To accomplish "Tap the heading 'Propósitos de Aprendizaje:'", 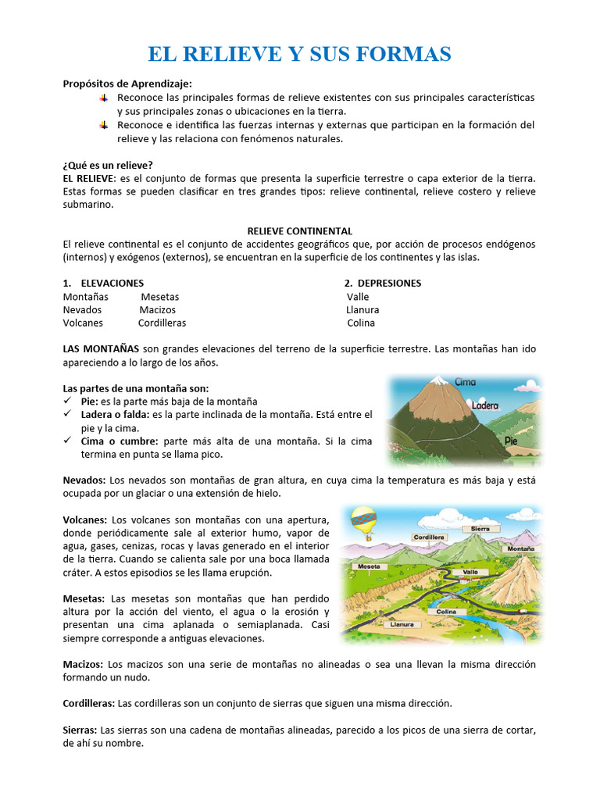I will (x=127, y=84).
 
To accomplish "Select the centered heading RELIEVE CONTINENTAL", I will (x=299, y=230).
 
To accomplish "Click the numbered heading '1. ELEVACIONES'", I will (x=103, y=283).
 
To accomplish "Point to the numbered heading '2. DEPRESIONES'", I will (x=383, y=283).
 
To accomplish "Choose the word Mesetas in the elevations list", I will (x=159, y=297).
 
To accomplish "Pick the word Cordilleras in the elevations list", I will (x=162, y=323).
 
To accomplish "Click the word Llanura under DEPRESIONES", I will (x=362, y=310).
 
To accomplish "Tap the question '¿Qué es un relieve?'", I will (x=108, y=165).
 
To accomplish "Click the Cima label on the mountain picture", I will (x=465, y=382).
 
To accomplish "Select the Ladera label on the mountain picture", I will (x=484, y=405).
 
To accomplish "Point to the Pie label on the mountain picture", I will (x=511, y=441).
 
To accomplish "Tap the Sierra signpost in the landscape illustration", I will (x=480, y=529).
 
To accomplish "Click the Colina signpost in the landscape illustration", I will (x=446, y=612).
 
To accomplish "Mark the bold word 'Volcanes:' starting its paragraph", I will (x=85, y=519).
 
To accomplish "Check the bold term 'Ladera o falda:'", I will (x=116, y=413).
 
